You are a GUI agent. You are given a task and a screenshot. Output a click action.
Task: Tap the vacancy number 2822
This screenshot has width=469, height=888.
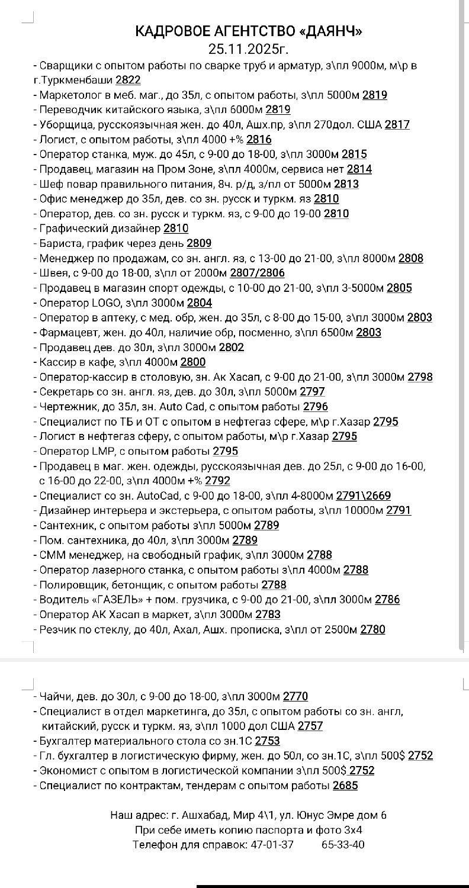coord(128,80)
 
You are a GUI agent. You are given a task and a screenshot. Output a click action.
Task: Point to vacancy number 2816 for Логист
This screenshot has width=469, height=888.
coord(259,139)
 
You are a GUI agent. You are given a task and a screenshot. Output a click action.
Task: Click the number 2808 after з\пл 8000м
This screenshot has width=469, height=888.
coord(410,258)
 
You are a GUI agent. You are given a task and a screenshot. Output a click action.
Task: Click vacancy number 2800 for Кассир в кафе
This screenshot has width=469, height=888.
coord(193,362)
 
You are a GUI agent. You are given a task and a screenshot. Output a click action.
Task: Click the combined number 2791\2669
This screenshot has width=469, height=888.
coord(363,496)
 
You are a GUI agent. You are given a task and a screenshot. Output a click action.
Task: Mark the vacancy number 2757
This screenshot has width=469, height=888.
coord(310,726)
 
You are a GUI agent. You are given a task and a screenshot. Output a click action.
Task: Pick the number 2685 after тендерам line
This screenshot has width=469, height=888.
coord(345,786)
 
